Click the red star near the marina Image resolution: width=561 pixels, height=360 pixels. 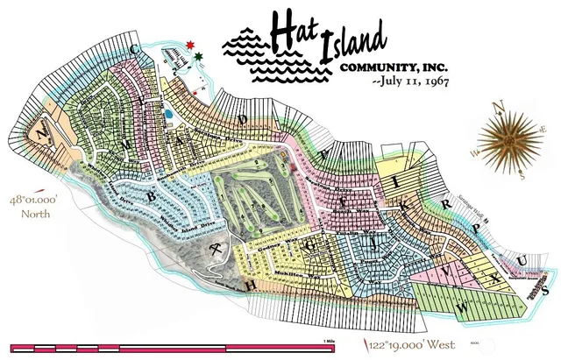coord(191,44)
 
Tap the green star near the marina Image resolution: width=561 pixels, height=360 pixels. coord(200,57)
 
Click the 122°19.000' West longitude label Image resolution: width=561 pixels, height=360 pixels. coord(407,341)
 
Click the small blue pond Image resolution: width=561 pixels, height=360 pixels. coord(169,115)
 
